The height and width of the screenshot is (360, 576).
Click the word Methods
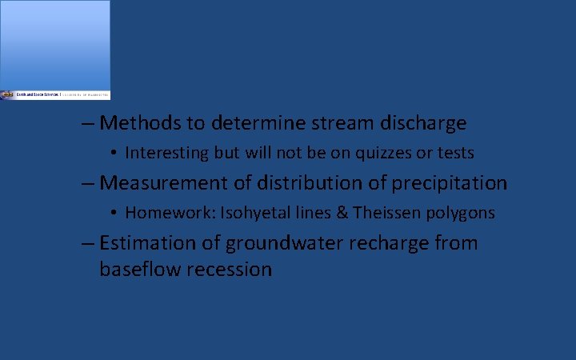tap(139, 123)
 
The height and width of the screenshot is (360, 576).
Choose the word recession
tap(229, 270)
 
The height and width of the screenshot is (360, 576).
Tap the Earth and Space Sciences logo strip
tap(55, 94)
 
